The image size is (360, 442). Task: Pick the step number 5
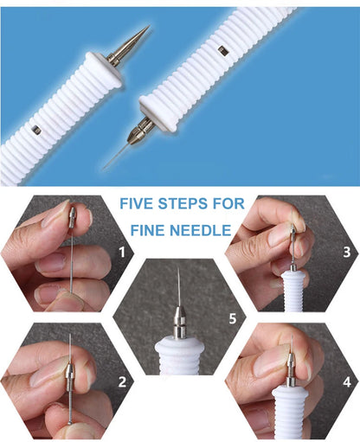232,317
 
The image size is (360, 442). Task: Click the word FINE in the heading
155,232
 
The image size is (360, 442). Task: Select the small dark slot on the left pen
36,130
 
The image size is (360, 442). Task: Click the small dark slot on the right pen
222,51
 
